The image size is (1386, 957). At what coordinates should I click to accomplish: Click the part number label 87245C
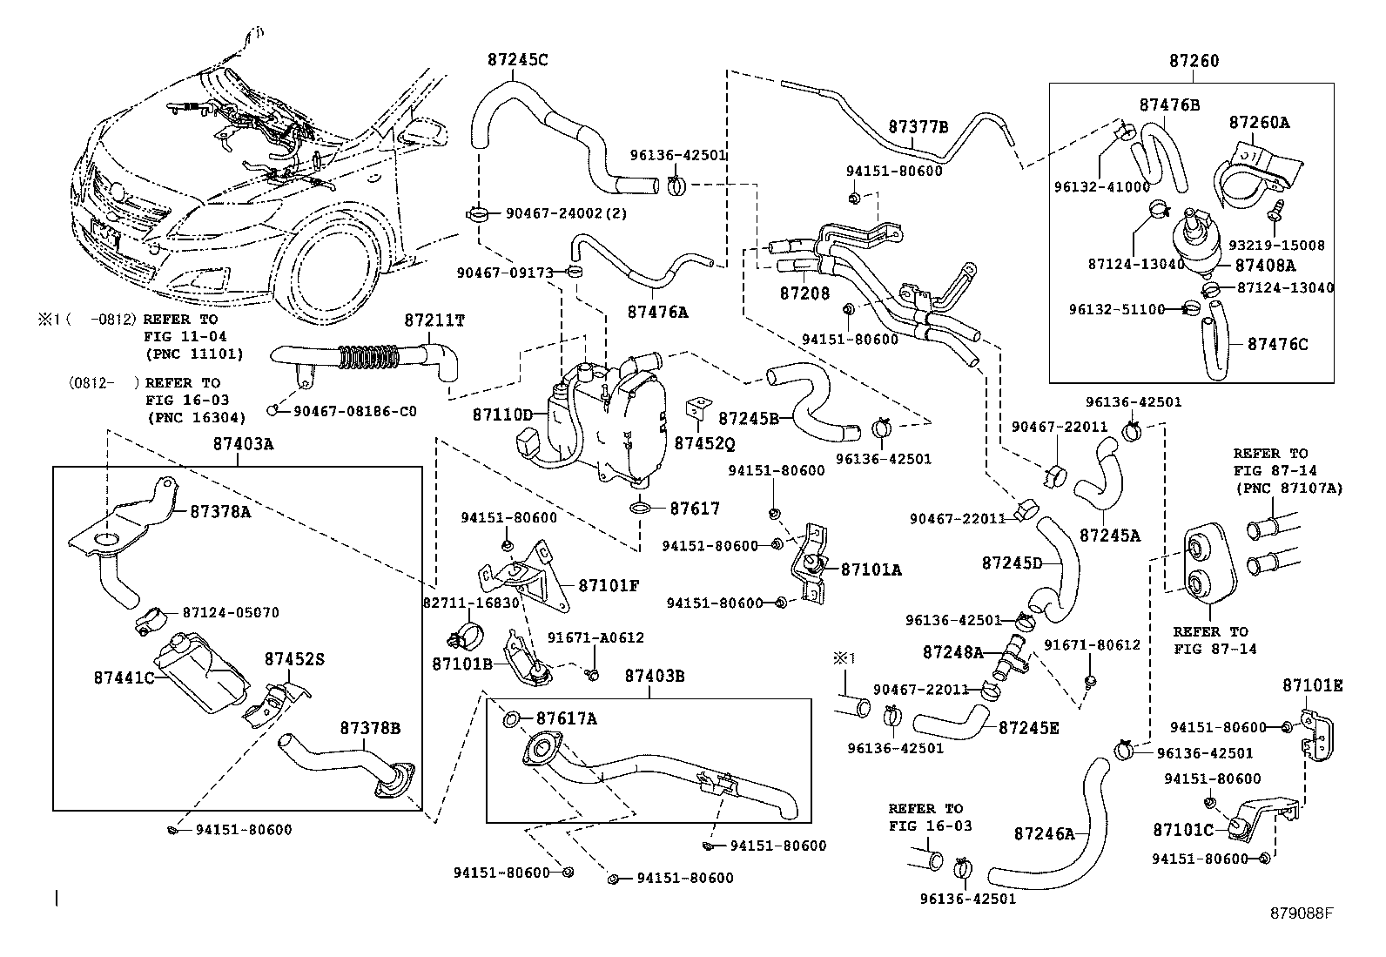point(518,60)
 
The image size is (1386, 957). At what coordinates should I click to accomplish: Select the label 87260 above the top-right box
point(1194,61)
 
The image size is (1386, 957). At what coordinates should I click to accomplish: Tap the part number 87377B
point(918,126)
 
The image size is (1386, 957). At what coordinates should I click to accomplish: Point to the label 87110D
point(502,415)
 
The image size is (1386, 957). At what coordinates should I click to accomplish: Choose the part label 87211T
point(434,320)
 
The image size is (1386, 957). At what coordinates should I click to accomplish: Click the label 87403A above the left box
point(243,444)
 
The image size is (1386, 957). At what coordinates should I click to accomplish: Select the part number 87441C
point(124,677)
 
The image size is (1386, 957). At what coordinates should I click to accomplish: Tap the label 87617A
point(566,718)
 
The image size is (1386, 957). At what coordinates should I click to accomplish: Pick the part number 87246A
point(1044,833)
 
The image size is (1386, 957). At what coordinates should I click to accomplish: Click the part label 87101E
point(1312,685)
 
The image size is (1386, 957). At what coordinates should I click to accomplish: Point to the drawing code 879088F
point(1302,913)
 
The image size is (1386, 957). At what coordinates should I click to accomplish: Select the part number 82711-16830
point(470,602)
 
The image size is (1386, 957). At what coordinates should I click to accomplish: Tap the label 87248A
point(952,651)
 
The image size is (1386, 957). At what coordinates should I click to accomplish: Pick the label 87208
point(804,293)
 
